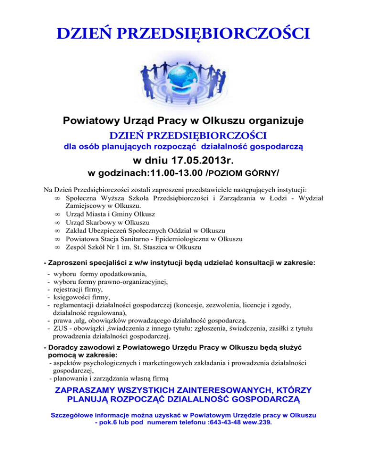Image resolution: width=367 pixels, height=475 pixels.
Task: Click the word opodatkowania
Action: click(x=120, y=275)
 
